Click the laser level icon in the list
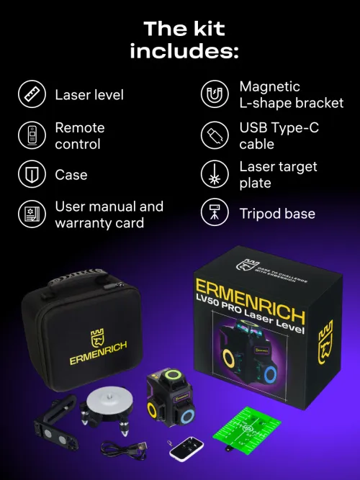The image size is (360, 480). [x=30, y=94]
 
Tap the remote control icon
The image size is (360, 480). [x=30, y=135]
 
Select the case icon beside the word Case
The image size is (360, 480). [x=30, y=175]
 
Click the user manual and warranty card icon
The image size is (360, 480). [x=30, y=214]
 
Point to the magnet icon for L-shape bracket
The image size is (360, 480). [x=214, y=94]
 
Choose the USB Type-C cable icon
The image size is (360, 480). [x=214, y=135]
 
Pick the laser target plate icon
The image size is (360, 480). [x=214, y=175]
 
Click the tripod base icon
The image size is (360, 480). [x=214, y=214]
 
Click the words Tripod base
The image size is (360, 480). [x=277, y=214]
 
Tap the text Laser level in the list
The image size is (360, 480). [x=89, y=94]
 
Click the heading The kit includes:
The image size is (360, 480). [x=184, y=40]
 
